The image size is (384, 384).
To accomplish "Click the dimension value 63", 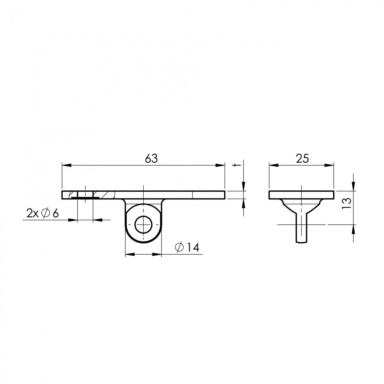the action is (151, 159).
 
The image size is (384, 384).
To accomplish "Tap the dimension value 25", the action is (302, 159).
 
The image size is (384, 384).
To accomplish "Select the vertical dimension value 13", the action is (347, 203).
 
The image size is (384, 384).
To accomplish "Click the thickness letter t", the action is (236, 165).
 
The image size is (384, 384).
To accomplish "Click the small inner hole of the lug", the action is (144, 225).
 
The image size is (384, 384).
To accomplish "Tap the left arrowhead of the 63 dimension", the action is (66, 165).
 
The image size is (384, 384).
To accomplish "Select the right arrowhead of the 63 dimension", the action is (220, 165).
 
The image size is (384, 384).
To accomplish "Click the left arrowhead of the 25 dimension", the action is (274, 165).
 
